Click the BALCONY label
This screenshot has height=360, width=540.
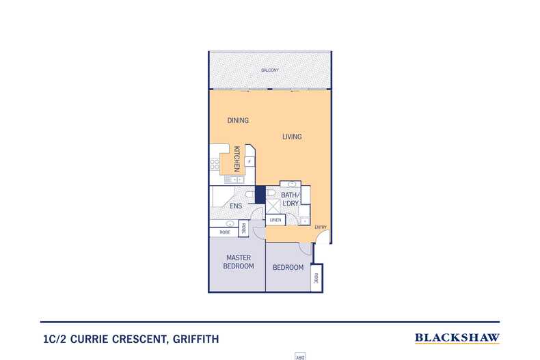[269, 70]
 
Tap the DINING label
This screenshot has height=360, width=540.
[238, 120]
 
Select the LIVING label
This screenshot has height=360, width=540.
[292, 137]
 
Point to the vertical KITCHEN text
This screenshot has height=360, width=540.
[237, 158]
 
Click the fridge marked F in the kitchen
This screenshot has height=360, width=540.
[249, 162]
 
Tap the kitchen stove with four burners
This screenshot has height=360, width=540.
[215, 164]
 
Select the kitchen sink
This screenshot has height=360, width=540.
[232, 179]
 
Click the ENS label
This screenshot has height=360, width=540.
[236, 205]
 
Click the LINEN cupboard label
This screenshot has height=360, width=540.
[275, 220]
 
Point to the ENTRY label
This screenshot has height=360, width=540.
[320, 227]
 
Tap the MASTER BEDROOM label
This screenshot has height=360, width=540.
[240, 262]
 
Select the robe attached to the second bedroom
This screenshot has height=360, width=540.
[316, 278]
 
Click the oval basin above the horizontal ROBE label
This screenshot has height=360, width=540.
[230, 223]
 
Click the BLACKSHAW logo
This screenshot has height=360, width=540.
[457, 337]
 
